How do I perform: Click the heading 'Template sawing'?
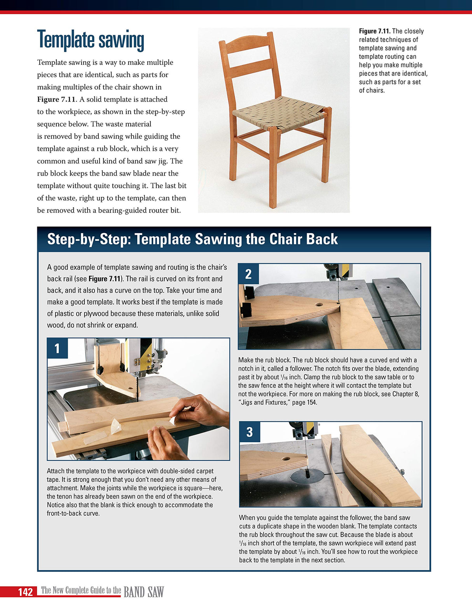91,40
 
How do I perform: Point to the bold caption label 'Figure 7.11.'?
374,31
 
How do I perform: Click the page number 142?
25,592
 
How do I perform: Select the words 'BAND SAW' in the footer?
143,592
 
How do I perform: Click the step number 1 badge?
58,348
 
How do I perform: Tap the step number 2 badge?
248,274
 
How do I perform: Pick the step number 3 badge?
250,432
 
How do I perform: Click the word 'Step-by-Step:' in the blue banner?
88,239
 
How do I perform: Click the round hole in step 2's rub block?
319,305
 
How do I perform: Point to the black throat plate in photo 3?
308,475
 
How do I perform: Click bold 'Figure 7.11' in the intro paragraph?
56,99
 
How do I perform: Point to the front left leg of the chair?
274,167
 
